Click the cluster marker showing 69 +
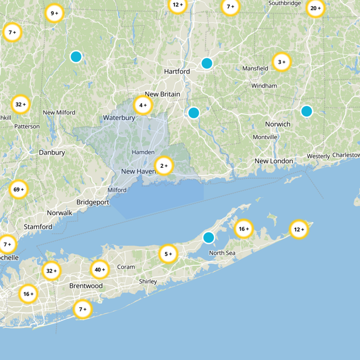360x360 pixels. coord(19,189)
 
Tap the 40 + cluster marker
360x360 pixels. coord(99,270)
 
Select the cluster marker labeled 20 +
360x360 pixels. coord(315,8)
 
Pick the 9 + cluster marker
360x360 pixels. coord(54,13)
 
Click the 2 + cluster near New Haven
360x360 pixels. coord(164,166)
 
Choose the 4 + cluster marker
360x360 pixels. coord(143,105)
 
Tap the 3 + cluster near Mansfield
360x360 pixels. coord(282,62)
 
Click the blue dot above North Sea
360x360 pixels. coord(208,237)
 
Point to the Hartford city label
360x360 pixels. coord(177,71)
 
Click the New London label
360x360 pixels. coord(274,161)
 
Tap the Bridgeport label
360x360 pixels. coord(93,202)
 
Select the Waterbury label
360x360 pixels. coord(119,117)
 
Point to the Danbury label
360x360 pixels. coord(52,152)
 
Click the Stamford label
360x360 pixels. coord(38,226)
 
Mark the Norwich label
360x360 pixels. coord(278,124)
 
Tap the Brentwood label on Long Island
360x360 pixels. coord(86,286)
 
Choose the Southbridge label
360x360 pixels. coord(284,3)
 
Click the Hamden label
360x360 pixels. coord(143,152)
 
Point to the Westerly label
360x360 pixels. coord(318,156)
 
